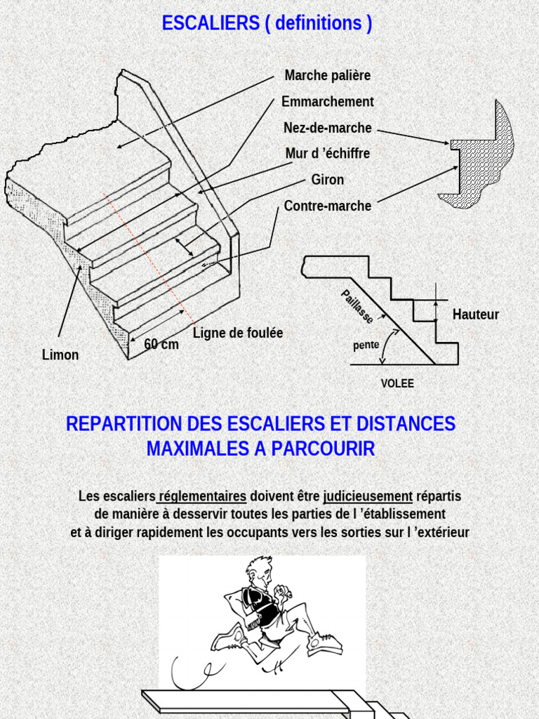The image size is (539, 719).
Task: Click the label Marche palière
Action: point(327,75)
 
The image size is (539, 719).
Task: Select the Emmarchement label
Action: point(327,102)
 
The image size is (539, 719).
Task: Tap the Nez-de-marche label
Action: point(327,128)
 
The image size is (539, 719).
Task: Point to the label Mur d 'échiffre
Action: point(327,153)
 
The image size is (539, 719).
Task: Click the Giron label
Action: point(328,180)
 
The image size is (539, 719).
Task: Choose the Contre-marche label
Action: point(327,206)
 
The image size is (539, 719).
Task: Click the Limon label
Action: point(60,355)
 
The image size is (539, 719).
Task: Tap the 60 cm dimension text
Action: point(161,344)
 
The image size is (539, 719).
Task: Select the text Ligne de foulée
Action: point(238,333)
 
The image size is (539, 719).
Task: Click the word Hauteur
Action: point(476,315)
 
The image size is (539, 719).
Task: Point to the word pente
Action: point(366,345)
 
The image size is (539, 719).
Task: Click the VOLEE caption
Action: point(397,383)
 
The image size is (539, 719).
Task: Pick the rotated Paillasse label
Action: point(357,307)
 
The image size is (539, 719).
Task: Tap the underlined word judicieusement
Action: point(368,496)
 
